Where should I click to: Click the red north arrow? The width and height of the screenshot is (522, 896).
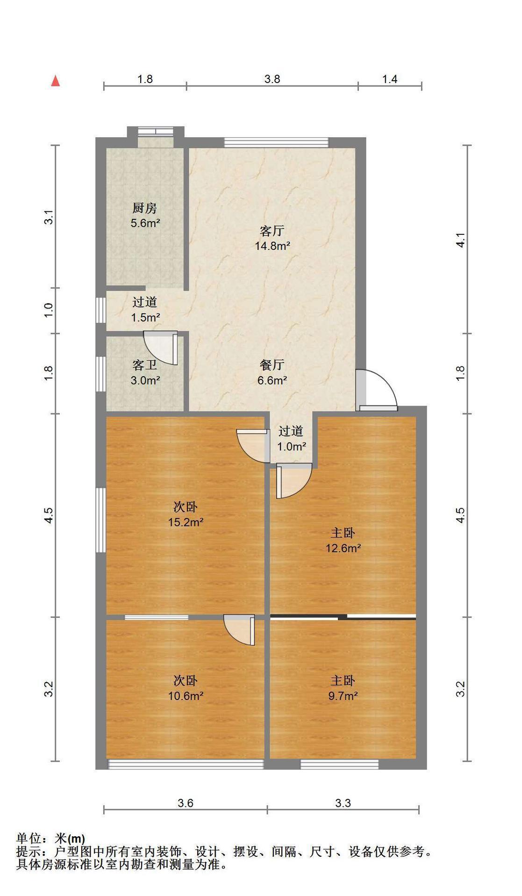56,81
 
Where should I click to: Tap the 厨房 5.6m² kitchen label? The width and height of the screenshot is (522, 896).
145,216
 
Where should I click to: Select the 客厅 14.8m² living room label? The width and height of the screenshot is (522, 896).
272,238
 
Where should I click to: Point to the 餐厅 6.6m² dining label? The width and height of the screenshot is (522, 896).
272,372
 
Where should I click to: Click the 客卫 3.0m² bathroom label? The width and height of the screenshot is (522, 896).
145,372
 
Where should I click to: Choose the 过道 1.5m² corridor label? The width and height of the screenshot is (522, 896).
145,310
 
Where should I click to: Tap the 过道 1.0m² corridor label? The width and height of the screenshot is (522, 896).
291,439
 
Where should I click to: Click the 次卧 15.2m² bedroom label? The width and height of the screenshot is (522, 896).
186,514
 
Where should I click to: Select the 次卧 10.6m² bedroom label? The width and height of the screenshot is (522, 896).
186,688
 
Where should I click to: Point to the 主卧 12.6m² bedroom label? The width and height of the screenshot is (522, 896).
343,540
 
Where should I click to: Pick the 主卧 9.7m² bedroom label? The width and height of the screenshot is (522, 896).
343,688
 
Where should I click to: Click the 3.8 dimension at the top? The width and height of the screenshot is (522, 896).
272,79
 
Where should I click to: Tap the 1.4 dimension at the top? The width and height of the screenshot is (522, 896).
390,79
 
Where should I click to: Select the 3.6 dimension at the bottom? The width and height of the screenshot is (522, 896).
186,803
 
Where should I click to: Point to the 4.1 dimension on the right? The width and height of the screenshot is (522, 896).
461,239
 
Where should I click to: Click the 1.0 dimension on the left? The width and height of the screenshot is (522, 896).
49,310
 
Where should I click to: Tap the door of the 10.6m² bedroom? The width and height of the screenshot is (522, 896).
239,630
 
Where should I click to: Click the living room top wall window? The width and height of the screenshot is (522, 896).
276,142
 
